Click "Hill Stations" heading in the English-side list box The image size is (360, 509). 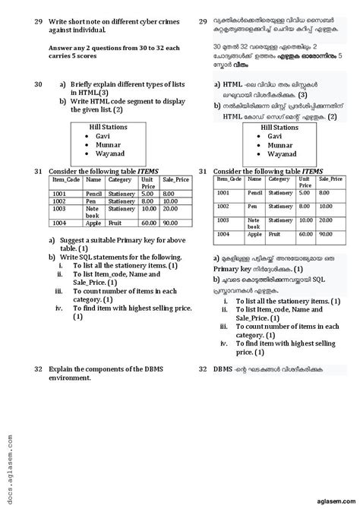[108, 127]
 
